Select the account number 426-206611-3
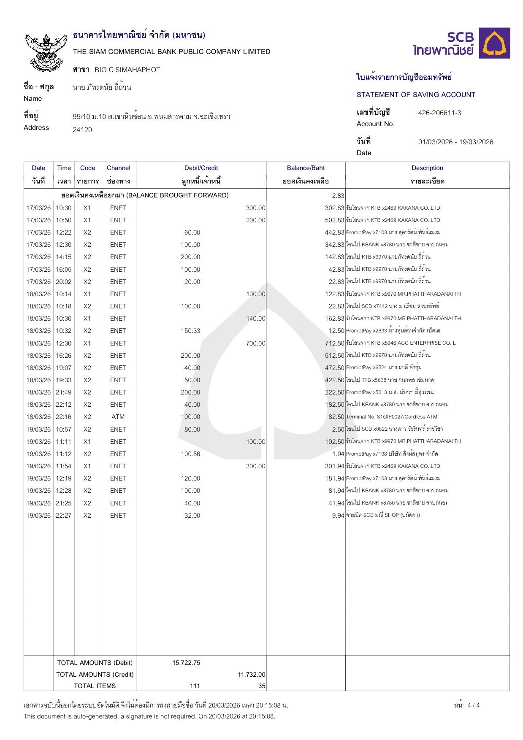(x=439, y=113)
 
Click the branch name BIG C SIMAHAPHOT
(x=127, y=70)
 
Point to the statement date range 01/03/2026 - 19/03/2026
(x=455, y=142)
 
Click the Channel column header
(x=118, y=168)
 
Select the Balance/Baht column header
(x=306, y=168)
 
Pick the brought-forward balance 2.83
(x=338, y=195)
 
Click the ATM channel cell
(x=118, y=417)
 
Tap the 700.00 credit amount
(x=255, y=343)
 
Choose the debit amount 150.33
(x=190, y=331)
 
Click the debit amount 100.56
(x=190, y=454)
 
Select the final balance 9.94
(x=338, y=516)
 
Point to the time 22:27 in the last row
(x=64, y=516)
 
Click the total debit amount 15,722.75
(x=186, y=663)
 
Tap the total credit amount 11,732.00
(x=251, y=675)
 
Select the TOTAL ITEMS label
(x=95, y=686)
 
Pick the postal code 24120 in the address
(x=82, y=130)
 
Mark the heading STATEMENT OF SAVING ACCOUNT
(x=416, y=95)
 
